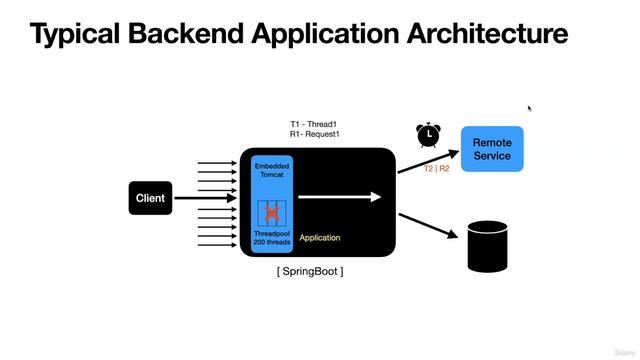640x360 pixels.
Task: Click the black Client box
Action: click(x=149, y=198)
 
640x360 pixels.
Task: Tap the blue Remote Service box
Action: click(x=491, y=149)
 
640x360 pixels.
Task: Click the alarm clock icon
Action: click(x=429, y=135)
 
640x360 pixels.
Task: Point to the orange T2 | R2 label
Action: click(x=437, y=169)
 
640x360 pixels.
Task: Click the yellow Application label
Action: click(x=320, y=238)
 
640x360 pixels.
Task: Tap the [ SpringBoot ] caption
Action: click(x=310, y=271)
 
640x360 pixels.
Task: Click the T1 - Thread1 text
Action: click(x=314, y=124)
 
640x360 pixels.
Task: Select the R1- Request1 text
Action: click(x=314, y=135)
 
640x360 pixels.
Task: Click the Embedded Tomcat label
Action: click(x=272, y=169)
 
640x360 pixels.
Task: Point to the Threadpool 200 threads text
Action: click(x=272, y=238)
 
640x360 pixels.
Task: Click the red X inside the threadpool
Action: click(x=272, y=213)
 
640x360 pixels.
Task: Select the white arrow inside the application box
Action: click(x=340, y=197)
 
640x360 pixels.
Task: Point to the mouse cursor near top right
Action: click(x=529, y=108)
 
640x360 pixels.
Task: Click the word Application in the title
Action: click(x=328, y=34)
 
